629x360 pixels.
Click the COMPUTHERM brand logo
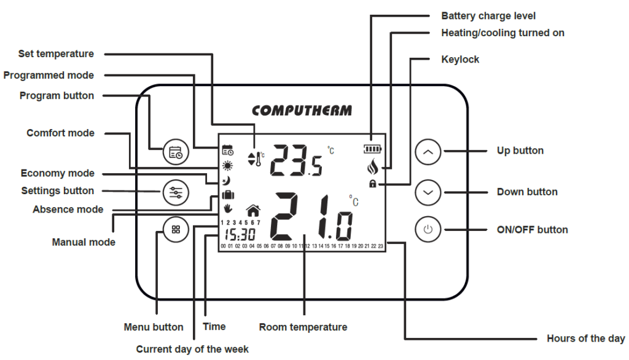302,111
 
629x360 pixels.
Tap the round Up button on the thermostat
428,151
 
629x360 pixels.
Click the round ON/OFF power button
428,230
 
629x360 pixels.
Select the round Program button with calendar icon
176,152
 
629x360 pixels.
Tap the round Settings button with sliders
176,192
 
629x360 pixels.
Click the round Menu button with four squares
176,230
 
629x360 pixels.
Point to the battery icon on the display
372,149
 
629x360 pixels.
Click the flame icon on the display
372,166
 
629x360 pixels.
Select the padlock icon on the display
372,184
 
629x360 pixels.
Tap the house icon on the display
252,211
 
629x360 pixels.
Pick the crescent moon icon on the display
227,181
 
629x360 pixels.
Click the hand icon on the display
228,209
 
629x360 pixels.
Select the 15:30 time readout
240,235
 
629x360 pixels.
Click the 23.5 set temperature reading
296,161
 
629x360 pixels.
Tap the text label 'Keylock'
460,60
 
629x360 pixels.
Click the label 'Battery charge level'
488,15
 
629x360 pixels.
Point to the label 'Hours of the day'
585,338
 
